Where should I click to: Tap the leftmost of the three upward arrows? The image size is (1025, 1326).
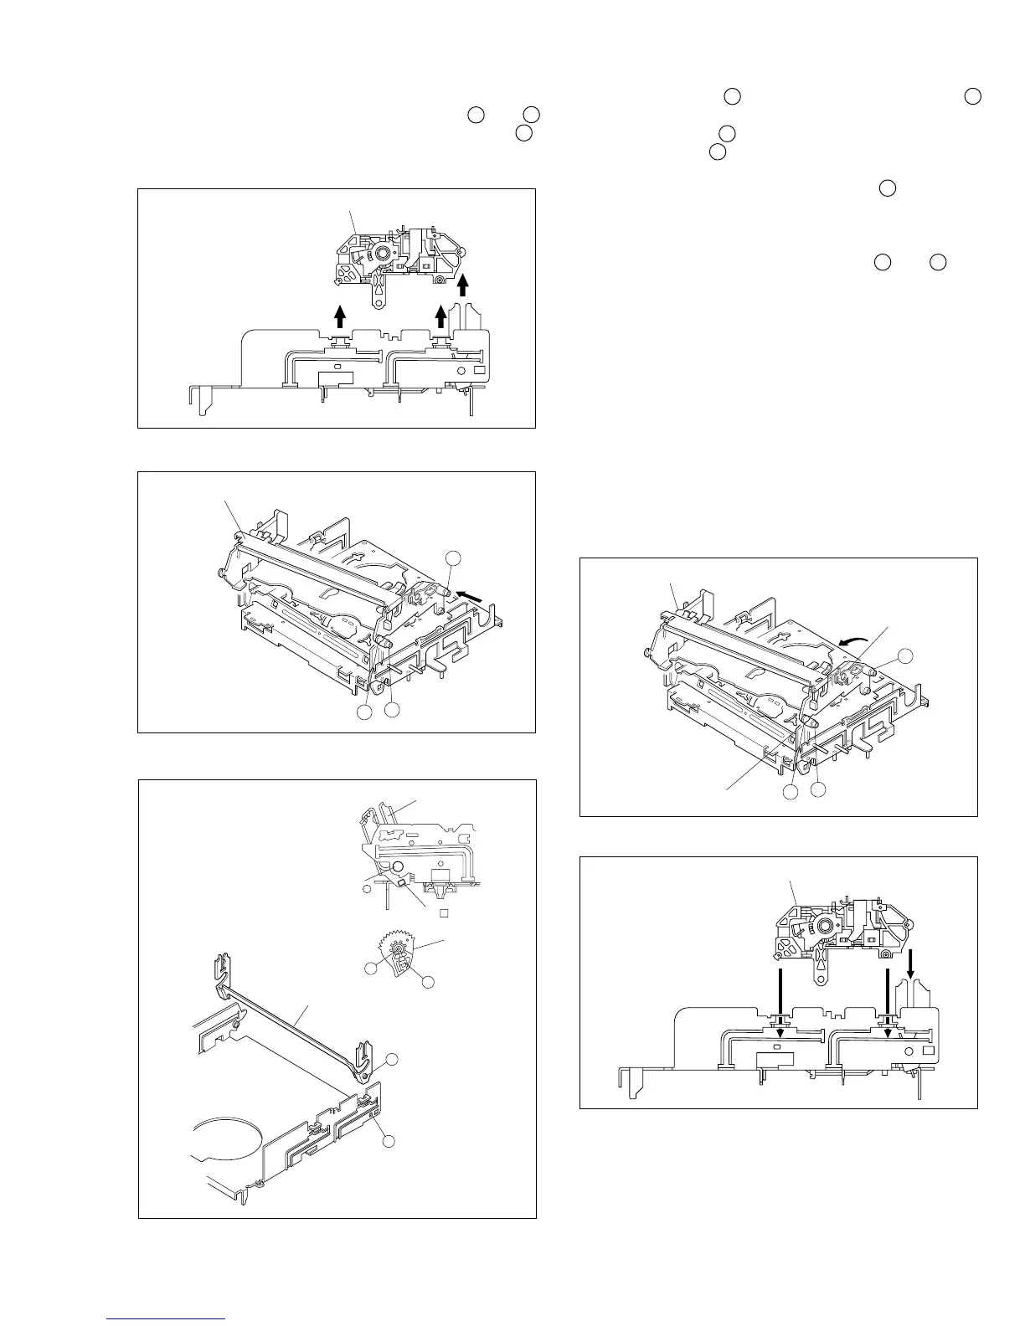[x=340, y=316]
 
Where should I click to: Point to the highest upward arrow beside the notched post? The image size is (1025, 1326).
[x=462, y=286]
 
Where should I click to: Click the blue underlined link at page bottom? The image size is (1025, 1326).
[x=167, y=1319]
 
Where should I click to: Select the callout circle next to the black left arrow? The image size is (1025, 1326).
[x=452, y=558]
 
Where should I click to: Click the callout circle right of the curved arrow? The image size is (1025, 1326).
[x=905, y=655]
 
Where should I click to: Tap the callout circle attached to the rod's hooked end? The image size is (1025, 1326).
[x=389, y=1060]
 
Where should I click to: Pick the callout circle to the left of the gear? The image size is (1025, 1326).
[x=369, y=968]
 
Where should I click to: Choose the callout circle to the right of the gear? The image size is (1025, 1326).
[x=428, y=980]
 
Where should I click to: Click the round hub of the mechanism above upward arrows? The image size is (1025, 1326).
[x=383, y=252]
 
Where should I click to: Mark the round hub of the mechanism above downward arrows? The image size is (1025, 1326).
[x=825, y=925]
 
